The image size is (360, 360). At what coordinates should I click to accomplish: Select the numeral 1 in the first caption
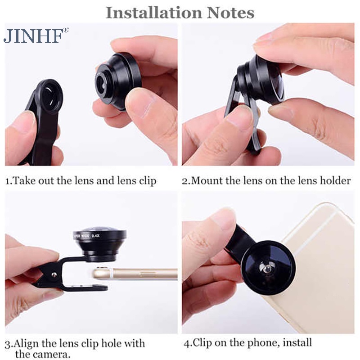[7, 181]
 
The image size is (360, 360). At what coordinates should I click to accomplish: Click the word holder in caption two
[336, 181]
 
